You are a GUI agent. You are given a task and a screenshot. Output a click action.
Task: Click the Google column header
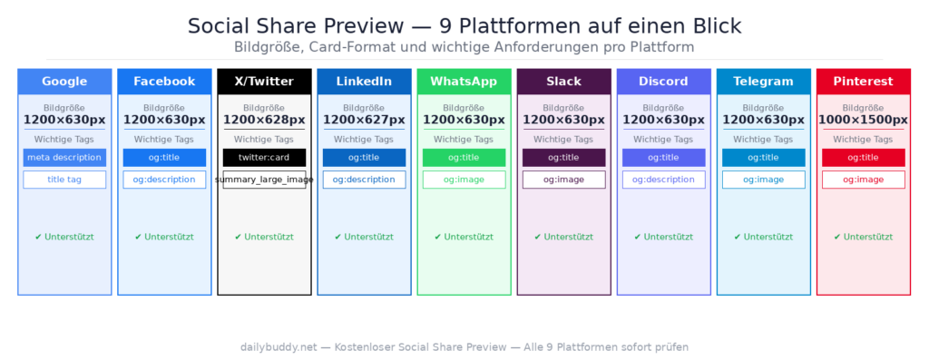click(x=64, y=82)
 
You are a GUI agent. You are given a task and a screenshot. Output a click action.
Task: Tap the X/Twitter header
click(x=264, y=82)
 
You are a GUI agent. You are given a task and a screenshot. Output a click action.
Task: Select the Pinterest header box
click(x=863, y=82)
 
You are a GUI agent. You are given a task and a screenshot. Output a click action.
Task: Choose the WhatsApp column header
click(x=464, y=82)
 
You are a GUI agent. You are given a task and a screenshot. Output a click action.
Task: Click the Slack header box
click(x=563, y=82)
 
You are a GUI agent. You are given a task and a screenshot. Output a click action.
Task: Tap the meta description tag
click(x=64, y=158)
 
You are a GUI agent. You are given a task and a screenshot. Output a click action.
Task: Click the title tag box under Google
click(x=64, y=180)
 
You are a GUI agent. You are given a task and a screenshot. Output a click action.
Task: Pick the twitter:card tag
click(x=264, y=158)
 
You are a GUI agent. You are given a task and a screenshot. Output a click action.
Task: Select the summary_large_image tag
click(x=264, y=180)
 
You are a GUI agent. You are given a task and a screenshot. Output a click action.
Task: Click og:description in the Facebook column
click(x=164, y=180)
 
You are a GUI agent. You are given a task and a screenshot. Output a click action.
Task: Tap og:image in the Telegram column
click(x=763, y=180)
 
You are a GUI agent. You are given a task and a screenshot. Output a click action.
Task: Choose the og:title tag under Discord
click(x=663, y=158)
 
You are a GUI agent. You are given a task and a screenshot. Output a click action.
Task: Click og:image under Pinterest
click(x=863, y=180)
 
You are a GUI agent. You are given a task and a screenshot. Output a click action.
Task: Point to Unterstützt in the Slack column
click(x=563, y=238)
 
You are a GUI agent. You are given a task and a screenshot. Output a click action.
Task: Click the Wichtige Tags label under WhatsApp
click(x=464, y=140)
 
